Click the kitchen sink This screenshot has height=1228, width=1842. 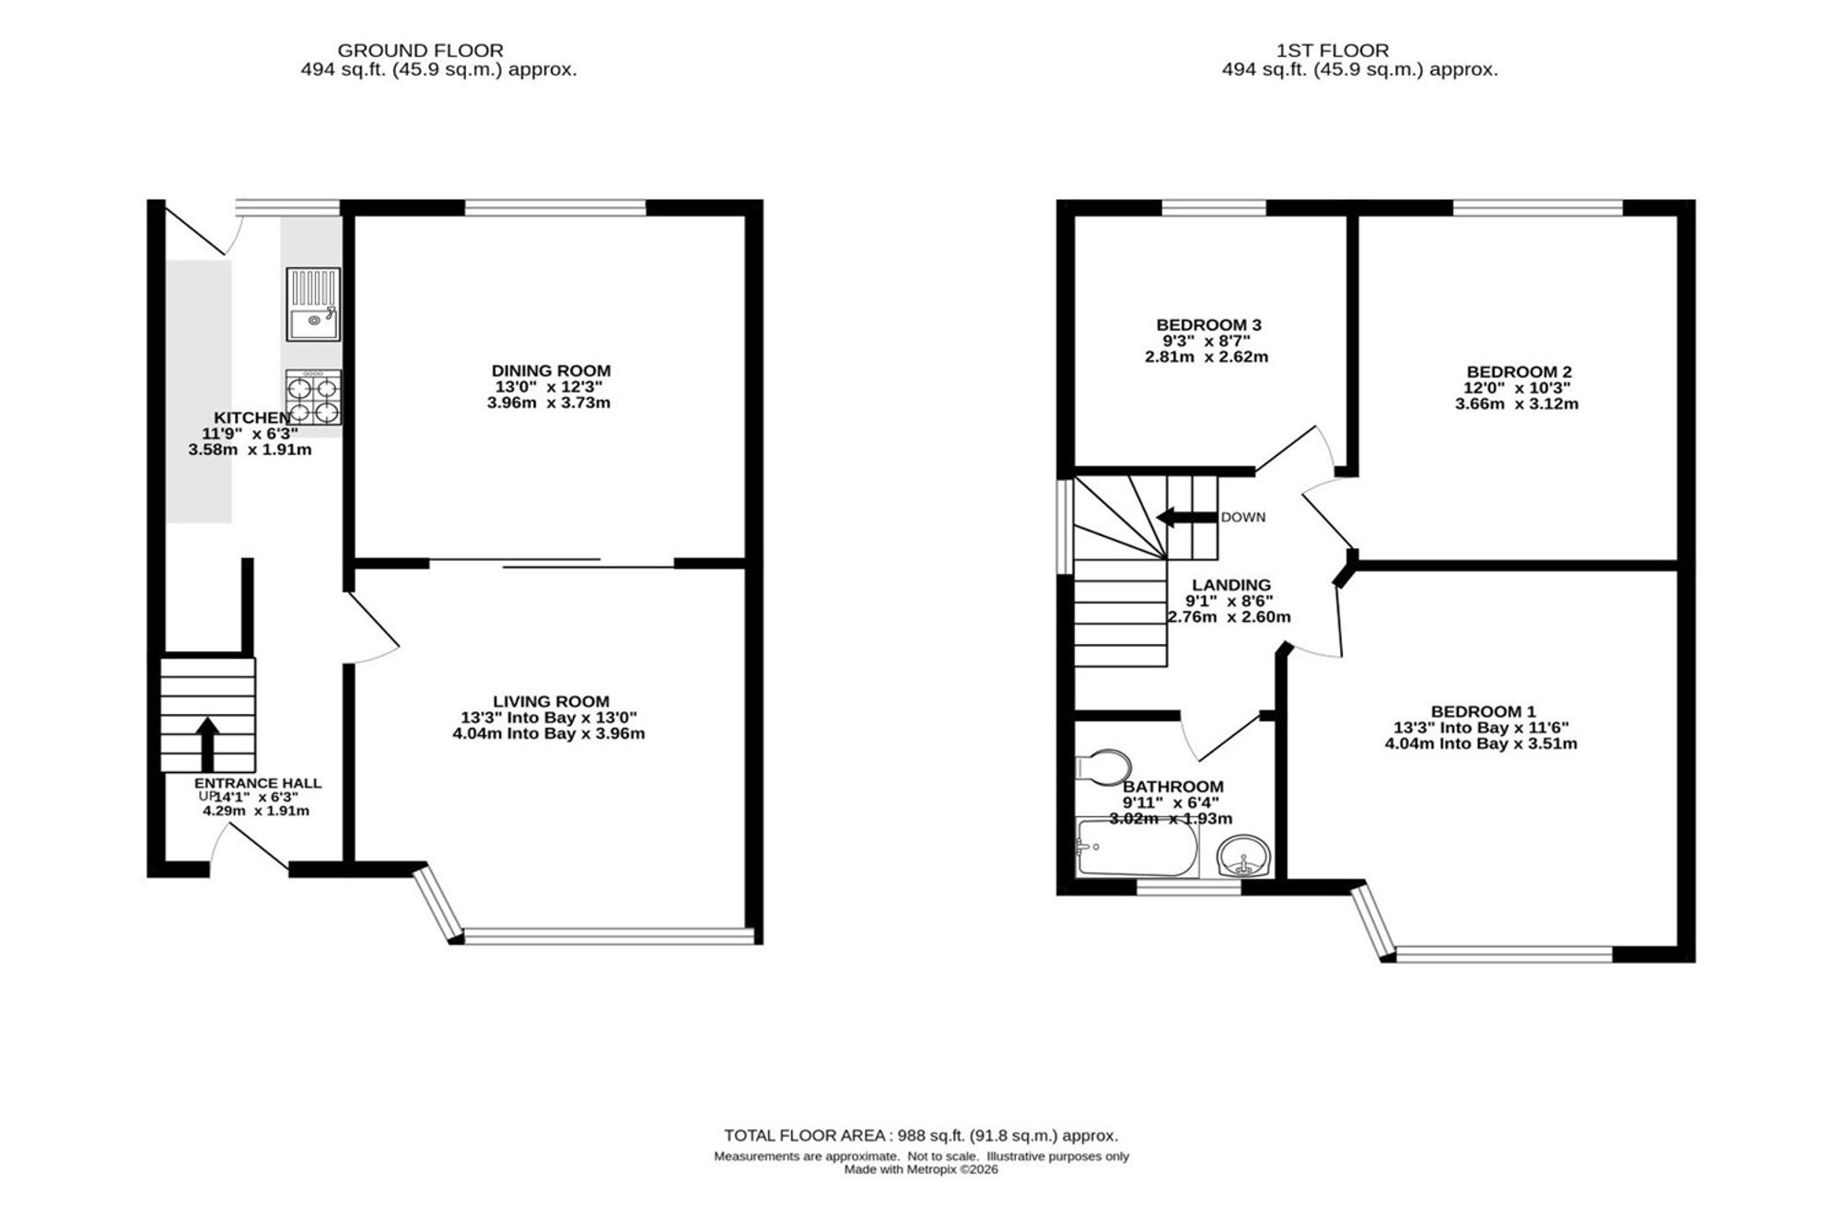coord(313,304)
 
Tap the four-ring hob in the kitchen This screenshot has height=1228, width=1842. coord(313,397)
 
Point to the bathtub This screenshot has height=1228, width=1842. coord(1137,848)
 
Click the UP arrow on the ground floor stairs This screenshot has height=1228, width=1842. coord(207,744)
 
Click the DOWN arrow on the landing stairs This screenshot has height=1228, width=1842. coord(1186,517)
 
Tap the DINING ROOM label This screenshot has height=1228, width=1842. coord(551,370)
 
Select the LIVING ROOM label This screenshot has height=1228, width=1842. coord(551,701)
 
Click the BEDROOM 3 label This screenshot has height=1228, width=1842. coord(1208,324)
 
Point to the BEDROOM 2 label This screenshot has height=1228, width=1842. coord(1519,372)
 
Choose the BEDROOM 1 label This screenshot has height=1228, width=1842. coord(1483,711)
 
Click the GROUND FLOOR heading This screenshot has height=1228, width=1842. coord(420,51)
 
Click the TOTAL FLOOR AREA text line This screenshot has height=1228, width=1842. coord(921,1136)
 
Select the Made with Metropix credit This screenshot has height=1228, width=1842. coord(921,1170)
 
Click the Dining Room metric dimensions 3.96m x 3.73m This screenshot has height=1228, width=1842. coord(549,403)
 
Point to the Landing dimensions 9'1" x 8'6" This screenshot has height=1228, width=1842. coord(1229,601)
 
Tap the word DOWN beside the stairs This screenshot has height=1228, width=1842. coord(1243,518)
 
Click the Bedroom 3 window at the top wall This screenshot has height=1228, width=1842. coord(1214,207)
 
